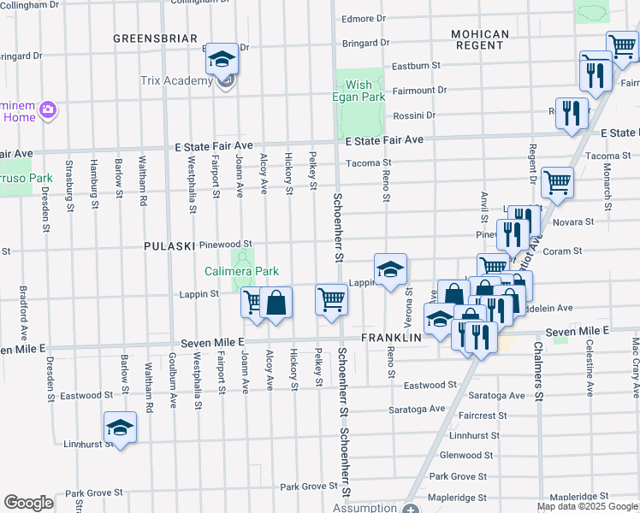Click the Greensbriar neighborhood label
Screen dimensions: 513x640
pos(156,38)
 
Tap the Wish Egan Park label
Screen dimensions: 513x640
pos(359,91)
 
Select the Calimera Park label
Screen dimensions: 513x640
pos(242,271)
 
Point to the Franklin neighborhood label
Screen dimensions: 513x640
pos(392,338)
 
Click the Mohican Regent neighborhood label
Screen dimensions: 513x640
pos(481,39)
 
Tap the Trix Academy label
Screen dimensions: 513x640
pos(176,81)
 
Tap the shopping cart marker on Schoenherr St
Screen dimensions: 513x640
pos(331,299)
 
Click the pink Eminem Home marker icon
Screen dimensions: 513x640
pos(49,110)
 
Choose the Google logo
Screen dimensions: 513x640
pos(28,503)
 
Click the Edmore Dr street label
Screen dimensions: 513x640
pos(364,18)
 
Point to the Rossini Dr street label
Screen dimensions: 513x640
pos(414,115)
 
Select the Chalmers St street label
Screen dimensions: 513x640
pos(538,372)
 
